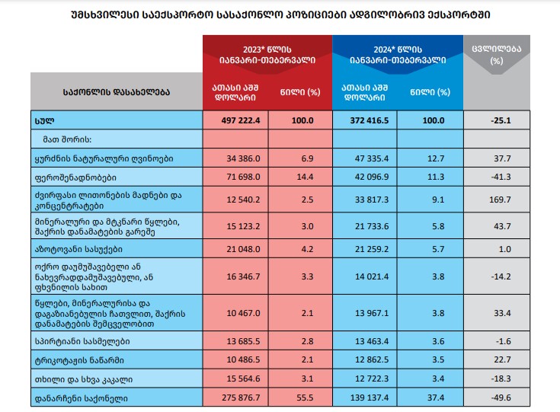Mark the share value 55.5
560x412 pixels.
(x=302, y=398)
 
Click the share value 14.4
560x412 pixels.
(x=302, y=177)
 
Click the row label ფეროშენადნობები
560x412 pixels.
(x=81, y=177)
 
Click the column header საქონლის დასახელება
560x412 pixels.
(x=116, y=92)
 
